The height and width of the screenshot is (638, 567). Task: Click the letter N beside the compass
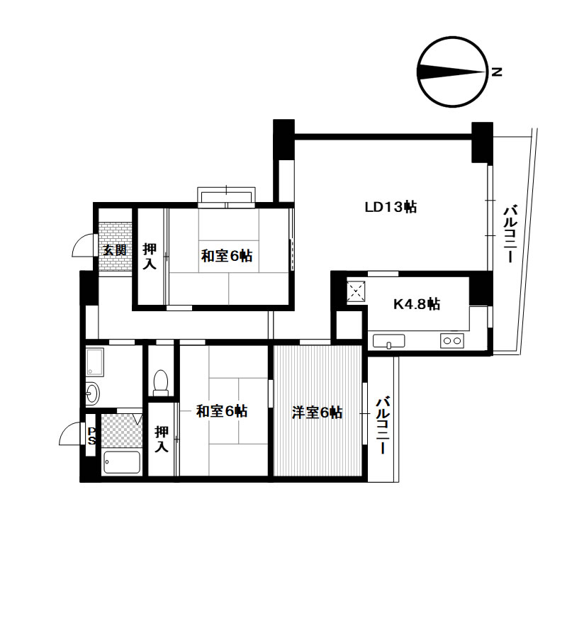[x=497, y=72]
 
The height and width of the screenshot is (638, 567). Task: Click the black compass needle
[x=451, y=72]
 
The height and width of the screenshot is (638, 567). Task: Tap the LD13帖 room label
[x=391, y=207]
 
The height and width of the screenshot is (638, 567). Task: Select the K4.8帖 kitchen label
[x=417, y=304]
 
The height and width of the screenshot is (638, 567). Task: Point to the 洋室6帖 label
[x=318, y=413]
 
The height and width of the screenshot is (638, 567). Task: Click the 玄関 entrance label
[x=115, y=250]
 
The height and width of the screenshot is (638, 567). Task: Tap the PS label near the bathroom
[x=91, y=436]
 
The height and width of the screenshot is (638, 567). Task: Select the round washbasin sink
[x=92, y=393]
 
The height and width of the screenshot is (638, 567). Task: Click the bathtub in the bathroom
[x=122, y=461]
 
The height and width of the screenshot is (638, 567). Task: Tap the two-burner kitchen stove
[x=452, y=340]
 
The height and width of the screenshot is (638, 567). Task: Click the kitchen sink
[x=389, y=342]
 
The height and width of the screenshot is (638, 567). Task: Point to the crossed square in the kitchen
[x=356, y=291]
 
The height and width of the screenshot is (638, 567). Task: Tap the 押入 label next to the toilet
[x=162, y=439]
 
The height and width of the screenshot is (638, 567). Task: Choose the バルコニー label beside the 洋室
[x=383, y=426]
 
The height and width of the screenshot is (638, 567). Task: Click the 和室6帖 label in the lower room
[x=222, y=411]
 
